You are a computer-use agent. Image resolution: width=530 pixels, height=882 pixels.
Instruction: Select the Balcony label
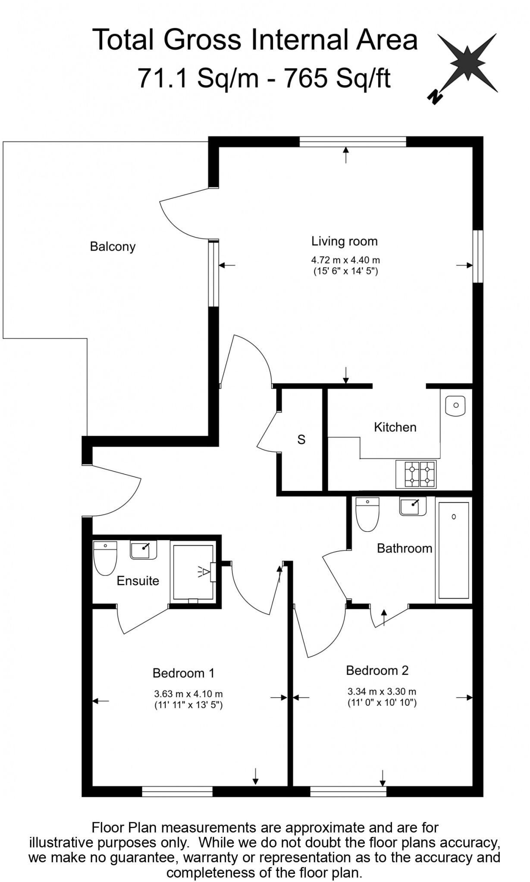click(113, 247)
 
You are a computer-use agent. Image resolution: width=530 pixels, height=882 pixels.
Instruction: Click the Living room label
click(345, 241)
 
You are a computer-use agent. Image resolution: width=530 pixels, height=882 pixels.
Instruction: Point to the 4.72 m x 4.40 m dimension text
click(346, 260)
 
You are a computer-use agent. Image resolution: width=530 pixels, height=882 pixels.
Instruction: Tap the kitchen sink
click(455, 405)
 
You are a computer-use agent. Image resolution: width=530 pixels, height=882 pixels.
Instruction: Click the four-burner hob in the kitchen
click(416, 474)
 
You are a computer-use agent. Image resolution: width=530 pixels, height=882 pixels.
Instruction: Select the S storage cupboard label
click(301, 440)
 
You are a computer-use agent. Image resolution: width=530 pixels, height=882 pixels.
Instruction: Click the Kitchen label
click(395, 427)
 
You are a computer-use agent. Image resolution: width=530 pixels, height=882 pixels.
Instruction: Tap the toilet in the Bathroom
click(367, 514)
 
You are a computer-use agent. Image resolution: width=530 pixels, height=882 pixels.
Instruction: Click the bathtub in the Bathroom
click(454, 550)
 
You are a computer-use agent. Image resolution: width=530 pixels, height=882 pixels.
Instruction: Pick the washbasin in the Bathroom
click(413, 506)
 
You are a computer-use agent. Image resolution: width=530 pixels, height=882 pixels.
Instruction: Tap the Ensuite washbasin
click(144, 550)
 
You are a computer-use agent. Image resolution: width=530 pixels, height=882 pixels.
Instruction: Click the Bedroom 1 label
click(183, 673)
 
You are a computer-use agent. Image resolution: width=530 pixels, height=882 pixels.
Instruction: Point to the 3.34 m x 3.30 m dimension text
click(382, 692)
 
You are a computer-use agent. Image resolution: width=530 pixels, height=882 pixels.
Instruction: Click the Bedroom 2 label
click(377, 670)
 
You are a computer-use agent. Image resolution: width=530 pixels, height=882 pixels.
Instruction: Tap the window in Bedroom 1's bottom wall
click(177, 792)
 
